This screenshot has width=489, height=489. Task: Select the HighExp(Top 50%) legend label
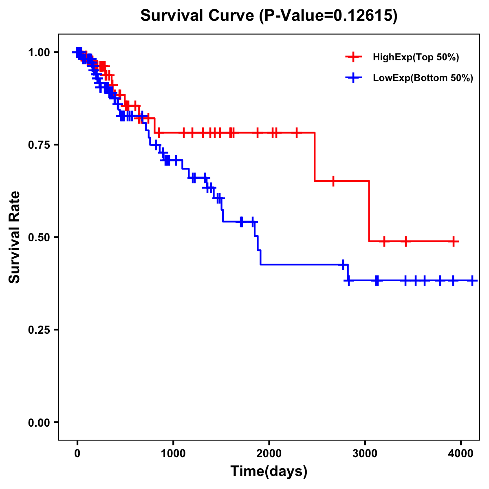pos(416,57)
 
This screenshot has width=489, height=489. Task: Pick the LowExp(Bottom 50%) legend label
pos(423,78)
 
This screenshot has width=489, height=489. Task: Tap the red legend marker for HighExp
pos(353,57)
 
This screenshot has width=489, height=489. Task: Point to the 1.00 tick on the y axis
pos(38,52)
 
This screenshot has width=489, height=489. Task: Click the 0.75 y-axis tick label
pos(38,145)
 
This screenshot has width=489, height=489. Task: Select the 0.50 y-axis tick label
pos(38,237)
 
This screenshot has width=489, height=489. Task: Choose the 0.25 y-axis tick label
pos(38,330)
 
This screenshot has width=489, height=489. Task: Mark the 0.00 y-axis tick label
pos(38,423)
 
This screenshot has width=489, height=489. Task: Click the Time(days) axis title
pos(269,471)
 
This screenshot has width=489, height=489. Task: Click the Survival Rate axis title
pos(15,237)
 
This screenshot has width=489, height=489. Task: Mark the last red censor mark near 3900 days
pos(454,241)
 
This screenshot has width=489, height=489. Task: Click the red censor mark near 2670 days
pos(333,181)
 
